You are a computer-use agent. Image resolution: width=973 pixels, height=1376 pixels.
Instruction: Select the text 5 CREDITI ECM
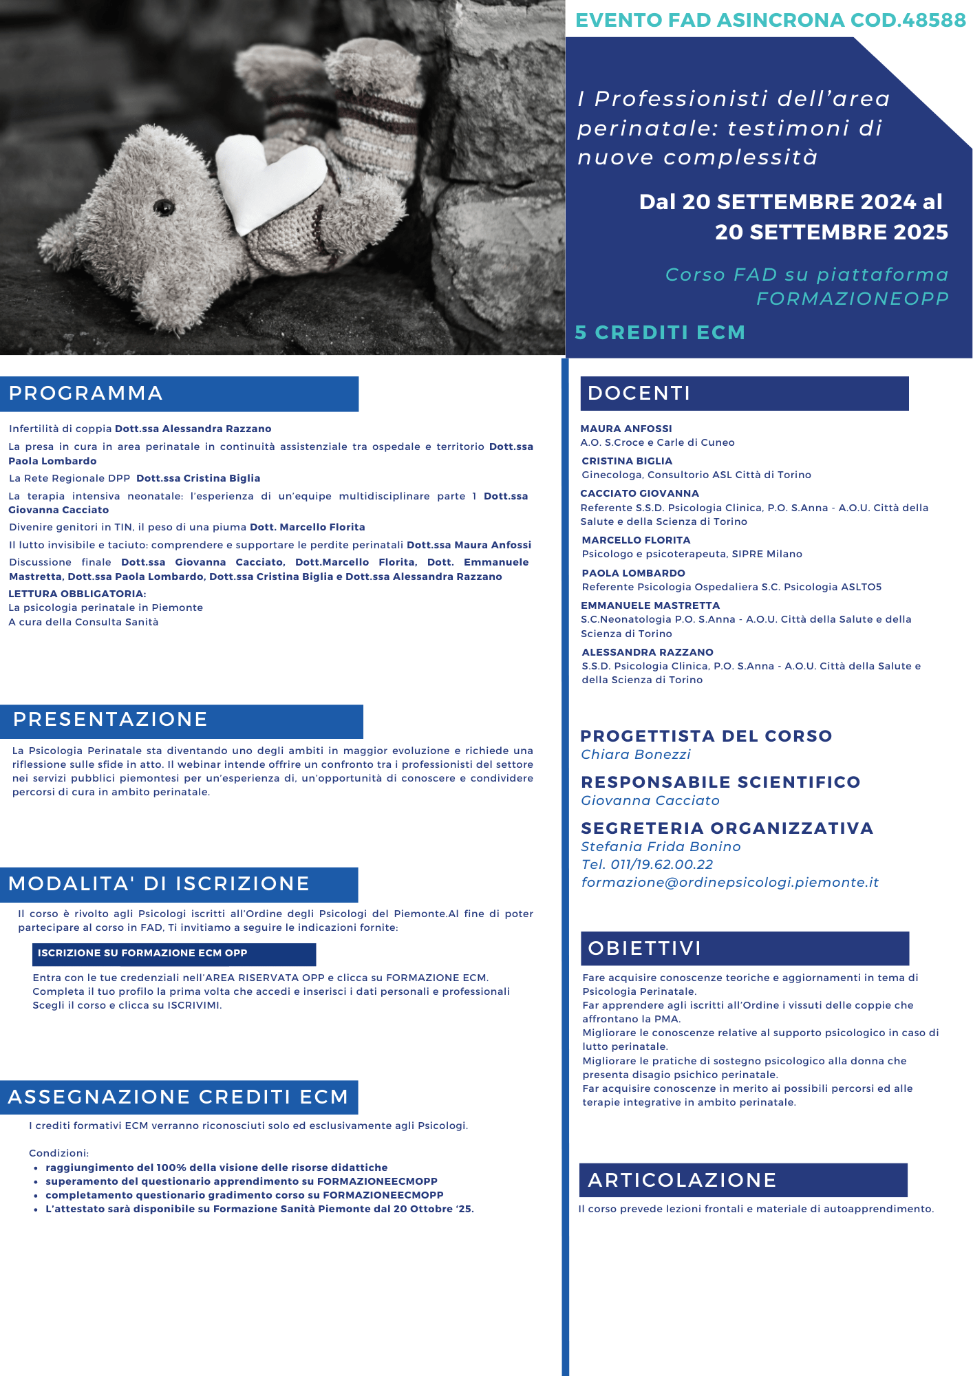coord(660,333)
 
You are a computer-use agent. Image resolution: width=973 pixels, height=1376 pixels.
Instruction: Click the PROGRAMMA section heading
coord(86,394)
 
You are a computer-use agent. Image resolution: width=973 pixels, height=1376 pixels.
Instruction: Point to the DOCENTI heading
coord(639,394)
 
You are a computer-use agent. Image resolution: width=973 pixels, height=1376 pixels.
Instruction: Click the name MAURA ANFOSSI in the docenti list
coord(625,429)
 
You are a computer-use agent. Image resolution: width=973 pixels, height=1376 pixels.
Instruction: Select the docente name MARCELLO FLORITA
coord(636,540)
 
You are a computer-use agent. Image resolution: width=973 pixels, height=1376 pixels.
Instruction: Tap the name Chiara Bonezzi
coord(635,755)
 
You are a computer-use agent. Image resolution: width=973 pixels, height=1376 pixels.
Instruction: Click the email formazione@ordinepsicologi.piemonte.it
coord(729,883)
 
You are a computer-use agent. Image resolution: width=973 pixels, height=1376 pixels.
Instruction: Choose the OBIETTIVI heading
coord(644,949)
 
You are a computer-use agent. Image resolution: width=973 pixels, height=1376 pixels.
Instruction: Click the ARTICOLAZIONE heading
coord(681,1181)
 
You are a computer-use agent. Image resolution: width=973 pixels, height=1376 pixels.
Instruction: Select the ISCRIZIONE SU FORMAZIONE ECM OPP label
coord(142,953)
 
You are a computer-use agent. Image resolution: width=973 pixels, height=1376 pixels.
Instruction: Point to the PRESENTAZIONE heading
coord(110,720)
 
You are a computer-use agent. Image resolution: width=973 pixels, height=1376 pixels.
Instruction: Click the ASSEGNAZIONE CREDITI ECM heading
coord(178,1097)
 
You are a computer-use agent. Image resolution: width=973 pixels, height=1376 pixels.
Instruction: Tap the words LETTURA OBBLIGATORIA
coord(77,594)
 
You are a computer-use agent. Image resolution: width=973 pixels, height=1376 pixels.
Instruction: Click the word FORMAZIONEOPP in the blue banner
coord(852,299)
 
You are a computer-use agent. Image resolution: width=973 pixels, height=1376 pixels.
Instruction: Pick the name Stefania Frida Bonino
coord(661,847)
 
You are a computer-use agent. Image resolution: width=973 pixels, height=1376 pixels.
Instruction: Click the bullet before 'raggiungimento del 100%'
coord(35,1168)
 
